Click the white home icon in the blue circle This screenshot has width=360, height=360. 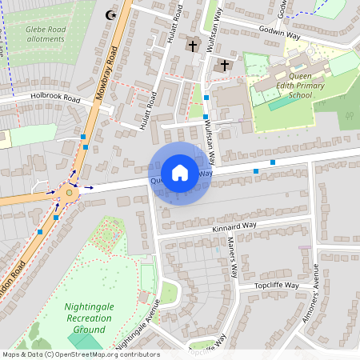pyautogui.click(x=180, y=173)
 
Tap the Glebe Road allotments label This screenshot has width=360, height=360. pyautogui.click(x=45, y=34)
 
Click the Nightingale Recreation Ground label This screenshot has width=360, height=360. pyautogui.click(x=84, y=318)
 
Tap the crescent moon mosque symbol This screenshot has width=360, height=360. pyautogui.click(x=110, y=14)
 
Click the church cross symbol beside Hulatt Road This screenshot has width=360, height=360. pyautogui.click(x=193, y=46)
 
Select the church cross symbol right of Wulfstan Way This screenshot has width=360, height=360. pyautogui.click(x=224, y=65)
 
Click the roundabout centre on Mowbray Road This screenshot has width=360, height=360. pyautogui.click(x=70, y=191)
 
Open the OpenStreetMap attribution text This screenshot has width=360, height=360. pyautogui.click(x=80, y=354)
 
